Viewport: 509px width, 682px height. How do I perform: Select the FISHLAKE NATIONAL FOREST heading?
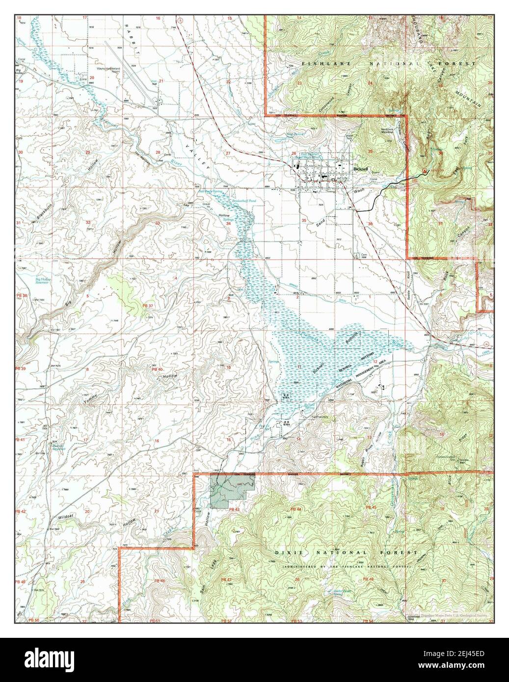click(x=388, y=64)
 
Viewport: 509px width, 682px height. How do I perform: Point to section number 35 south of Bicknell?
click(x=304, y=220)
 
